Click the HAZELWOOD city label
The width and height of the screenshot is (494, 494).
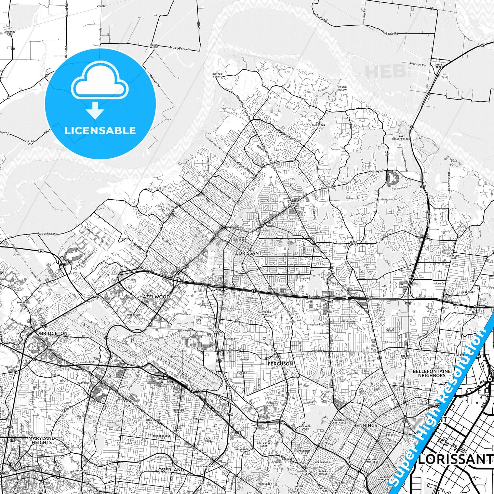tap(154, 297)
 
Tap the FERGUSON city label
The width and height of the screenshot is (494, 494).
tap(280, 364)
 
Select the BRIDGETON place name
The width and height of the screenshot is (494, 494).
tap(54, 333)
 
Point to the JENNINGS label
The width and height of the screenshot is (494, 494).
tap(365, 425)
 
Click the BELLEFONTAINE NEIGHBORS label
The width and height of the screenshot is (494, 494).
tap(431, 373)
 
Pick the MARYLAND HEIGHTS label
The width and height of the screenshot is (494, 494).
tap(42, 440)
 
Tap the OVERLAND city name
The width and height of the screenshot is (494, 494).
tap(171, 470)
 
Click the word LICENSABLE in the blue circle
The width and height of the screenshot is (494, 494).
tap(100, 130)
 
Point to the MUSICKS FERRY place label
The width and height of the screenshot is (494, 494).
tap(217, 75)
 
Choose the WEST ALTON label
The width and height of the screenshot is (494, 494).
tap(439, 66)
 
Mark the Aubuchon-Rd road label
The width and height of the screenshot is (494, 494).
tap(47, 234)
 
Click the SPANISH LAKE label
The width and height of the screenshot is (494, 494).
tap(454, 257)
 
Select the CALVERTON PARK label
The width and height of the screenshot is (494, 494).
tap(264, 313)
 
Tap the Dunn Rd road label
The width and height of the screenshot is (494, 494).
tap(314, 296)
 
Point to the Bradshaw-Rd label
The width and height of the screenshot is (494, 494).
tap(417, 64)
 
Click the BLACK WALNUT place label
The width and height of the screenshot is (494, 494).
tap(154, 46)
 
